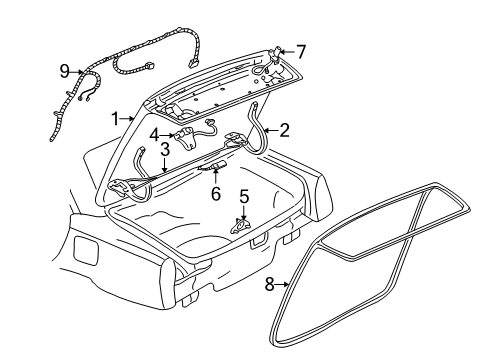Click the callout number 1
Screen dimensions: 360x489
tap(116, 117)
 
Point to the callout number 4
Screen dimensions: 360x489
tap(154, 131)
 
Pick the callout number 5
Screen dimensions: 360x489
tap(243, 196)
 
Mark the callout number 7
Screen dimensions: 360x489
tap(301, 49)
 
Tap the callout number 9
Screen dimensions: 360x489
tap(64, 71)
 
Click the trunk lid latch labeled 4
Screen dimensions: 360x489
tap(184, 132)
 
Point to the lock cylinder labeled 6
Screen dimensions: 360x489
tap(215, 167)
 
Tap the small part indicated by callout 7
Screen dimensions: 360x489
tap(277, 52)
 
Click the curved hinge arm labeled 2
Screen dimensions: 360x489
tap(262, 120)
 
